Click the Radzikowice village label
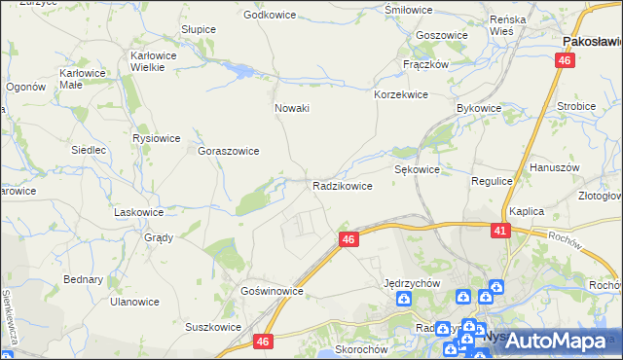[x=342, y=186]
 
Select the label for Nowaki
[x=292, y=108]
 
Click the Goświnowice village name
[x=273, y=291]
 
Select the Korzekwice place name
[x=401, y=95]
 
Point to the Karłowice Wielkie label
[x=153, y=62]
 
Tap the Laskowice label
[x=139, y=211]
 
